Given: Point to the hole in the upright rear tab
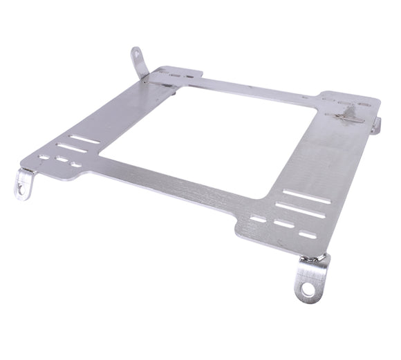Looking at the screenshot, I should click(x=137, y=53).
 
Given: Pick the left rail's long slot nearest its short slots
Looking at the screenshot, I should click(x=72, y=148).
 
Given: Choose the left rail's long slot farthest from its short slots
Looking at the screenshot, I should click(x=85, y=139).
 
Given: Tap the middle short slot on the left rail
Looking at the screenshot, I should click(x=62, y=160).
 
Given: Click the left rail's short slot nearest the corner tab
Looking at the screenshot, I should click(x=44, y=157).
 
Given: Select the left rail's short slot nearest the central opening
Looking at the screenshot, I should click(x=75, y=164).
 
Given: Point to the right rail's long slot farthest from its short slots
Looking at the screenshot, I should click(x=306, y=196).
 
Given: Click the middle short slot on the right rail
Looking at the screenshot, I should click(x=284, y=224).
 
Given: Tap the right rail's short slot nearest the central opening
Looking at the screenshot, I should click(x=258, y=218).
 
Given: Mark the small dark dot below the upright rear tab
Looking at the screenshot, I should click(x=145, y=82).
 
